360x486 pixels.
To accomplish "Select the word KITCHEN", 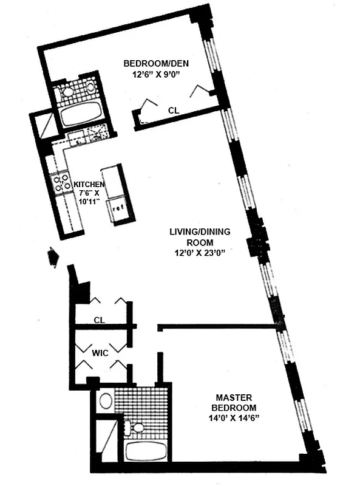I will point(89,184).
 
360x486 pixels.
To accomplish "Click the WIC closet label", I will point(101,352).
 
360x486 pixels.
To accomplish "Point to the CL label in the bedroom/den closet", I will point(173,110).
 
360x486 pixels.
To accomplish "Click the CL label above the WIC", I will point(100,320).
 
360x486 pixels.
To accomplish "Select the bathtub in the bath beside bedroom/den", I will point(81,114).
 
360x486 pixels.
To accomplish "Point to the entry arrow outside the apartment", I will point(52,256).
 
